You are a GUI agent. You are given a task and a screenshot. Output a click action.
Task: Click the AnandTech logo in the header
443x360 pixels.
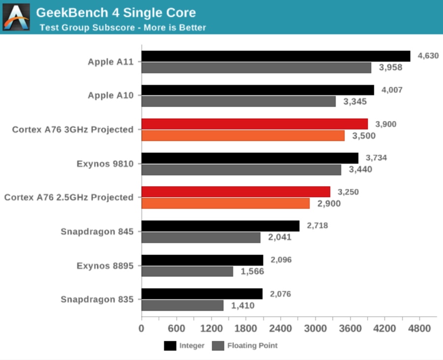click(16, 17)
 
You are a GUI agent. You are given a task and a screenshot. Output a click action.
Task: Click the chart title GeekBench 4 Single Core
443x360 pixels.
click(116, 13)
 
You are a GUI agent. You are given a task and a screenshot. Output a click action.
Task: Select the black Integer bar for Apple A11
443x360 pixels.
click(276, 56)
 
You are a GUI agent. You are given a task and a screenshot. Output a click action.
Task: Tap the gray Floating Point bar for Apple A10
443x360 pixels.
click(238, 101)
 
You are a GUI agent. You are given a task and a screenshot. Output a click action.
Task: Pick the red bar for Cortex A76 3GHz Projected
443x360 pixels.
click(254, 124)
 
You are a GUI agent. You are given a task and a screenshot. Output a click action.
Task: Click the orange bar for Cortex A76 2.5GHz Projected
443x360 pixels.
click(225, 203)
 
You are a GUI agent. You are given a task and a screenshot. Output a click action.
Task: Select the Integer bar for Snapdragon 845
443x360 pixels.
click(221, 226)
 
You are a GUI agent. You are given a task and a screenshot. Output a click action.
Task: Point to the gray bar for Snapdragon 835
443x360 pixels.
click(182, 305)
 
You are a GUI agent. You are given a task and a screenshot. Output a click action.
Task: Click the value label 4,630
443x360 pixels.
click(428, 56)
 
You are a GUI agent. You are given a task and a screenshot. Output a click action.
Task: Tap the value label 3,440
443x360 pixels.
click(360, 169)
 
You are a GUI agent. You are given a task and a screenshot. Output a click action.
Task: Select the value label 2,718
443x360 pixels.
click(317, 226)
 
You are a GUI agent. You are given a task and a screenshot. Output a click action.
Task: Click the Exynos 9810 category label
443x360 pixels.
click(105, 164)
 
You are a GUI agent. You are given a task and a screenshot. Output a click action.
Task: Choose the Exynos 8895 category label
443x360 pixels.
click(105, 265)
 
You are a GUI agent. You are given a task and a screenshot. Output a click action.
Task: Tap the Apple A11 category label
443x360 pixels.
click(110, 62)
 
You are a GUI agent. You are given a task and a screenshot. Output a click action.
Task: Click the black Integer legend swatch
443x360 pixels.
click(170, 346)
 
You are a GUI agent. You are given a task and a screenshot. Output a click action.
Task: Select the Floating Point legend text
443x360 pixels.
click(252, 346)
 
